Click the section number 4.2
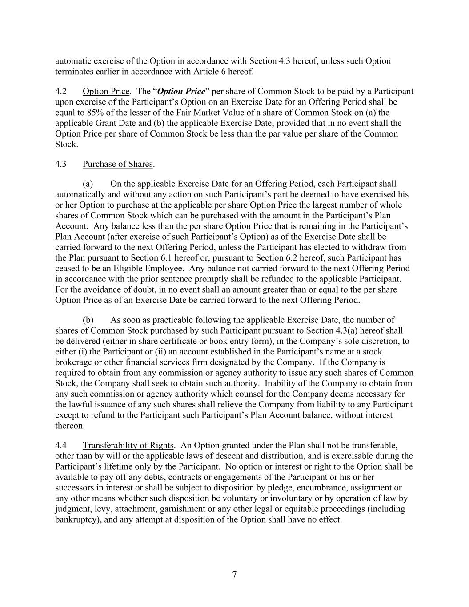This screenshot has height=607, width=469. click(61, 92)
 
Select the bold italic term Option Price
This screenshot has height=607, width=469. click(181, 92)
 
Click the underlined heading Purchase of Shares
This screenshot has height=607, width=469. click(117, 164)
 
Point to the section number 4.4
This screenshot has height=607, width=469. click(61, 446)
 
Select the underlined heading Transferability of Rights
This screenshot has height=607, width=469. click(128, 446)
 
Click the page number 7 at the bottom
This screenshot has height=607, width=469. click(234, 575)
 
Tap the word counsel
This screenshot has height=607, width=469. click(225, 394)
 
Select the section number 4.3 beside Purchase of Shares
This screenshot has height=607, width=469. click(61, 164)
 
